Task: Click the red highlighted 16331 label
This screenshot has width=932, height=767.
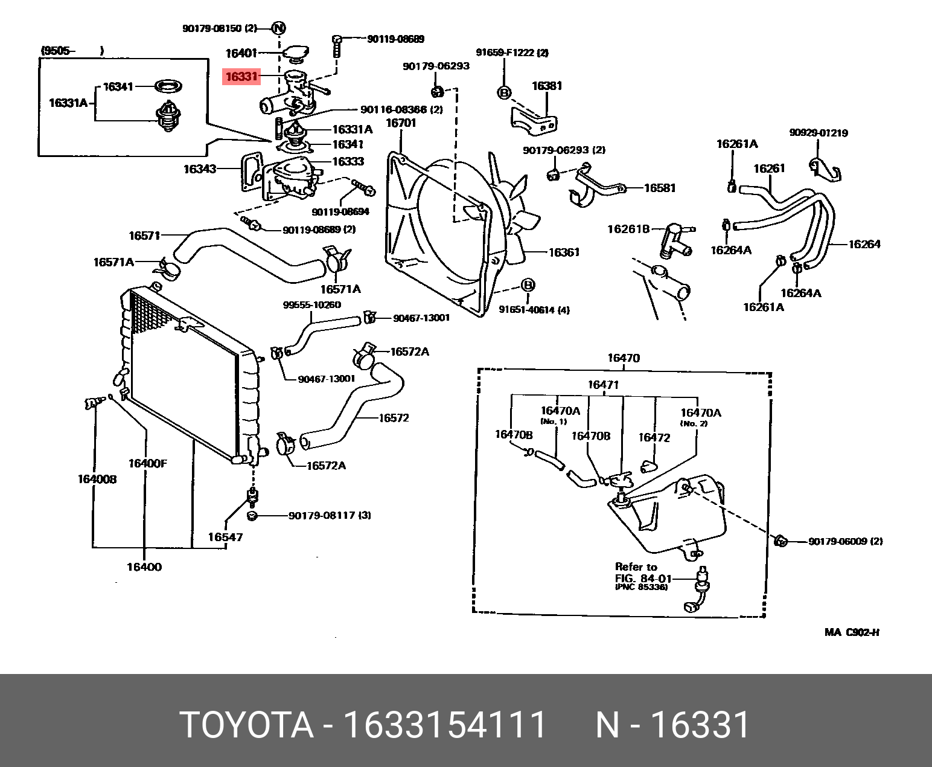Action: pos(241,77)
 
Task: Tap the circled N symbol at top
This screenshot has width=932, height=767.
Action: pos(278,28)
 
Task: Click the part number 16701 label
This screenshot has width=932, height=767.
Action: pos(401,123)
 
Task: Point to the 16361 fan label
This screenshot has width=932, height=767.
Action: pos(563,252)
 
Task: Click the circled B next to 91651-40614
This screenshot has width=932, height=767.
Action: pos(528,285)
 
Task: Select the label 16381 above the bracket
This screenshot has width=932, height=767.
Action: pos(546,86)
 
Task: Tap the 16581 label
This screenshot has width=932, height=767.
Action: pos(660,188)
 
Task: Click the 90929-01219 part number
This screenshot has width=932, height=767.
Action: pos(818,133)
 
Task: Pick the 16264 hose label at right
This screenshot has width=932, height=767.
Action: pos(864,244)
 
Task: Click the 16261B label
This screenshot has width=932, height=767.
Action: pos(628,229)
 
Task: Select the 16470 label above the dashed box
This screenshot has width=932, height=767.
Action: pos(623,358)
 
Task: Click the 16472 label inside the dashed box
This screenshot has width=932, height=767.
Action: pos(654,438)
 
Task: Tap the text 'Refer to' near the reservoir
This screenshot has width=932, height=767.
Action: pos(636,566)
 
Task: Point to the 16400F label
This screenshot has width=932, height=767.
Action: pos(147,464)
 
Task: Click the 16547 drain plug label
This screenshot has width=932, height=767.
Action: pos(225,537)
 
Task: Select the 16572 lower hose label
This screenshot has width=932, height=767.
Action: pos(394,418)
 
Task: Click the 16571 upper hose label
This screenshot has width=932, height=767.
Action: pos(144,236)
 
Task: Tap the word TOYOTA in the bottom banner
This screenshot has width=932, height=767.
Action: pos(247,725)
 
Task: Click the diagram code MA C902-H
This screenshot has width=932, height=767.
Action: pos(852,633)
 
